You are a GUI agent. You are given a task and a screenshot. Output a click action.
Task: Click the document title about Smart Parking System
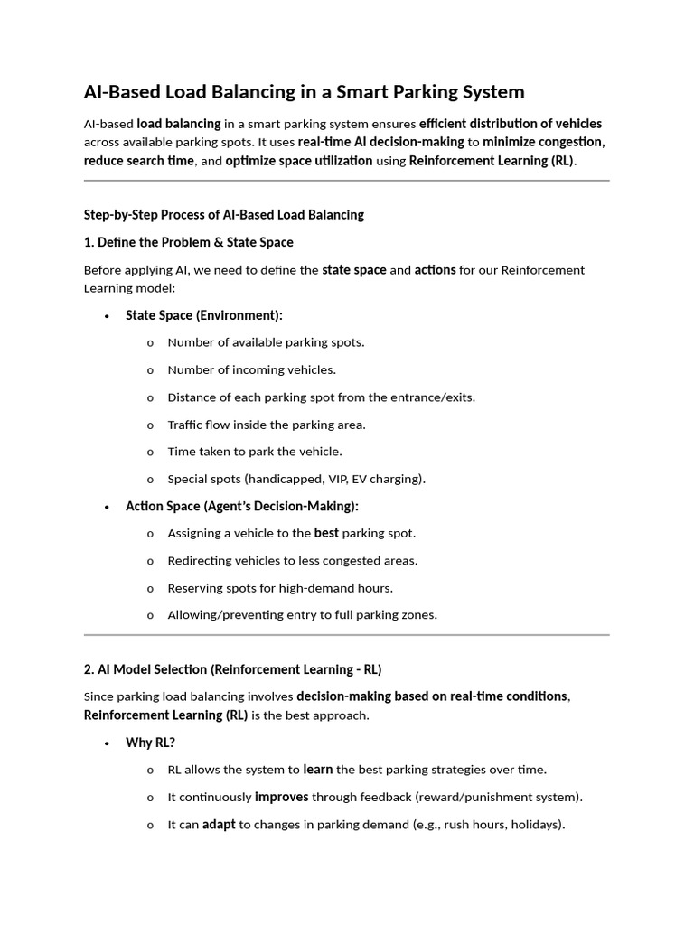304,92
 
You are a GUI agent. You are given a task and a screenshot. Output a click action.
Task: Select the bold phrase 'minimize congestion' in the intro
543,142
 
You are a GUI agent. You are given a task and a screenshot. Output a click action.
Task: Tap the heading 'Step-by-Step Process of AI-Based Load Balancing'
223,215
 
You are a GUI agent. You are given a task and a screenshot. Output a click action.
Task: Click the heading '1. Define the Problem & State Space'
188,242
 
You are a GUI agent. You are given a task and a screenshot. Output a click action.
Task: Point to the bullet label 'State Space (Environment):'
203,315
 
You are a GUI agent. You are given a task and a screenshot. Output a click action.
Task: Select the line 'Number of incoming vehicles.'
251,369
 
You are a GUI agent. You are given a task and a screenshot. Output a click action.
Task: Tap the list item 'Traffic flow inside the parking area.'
266,425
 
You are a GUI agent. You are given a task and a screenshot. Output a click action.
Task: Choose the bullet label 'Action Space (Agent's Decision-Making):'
241,506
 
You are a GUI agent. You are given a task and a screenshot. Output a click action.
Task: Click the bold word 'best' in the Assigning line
326,533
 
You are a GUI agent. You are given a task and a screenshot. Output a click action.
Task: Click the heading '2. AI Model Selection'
232,669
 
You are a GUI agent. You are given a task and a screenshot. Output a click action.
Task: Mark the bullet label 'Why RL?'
150,743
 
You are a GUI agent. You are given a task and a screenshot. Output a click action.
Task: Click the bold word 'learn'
318,770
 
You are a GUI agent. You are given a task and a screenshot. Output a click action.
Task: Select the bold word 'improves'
281,797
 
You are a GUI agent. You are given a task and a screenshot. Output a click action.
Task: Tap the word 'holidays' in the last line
534,825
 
